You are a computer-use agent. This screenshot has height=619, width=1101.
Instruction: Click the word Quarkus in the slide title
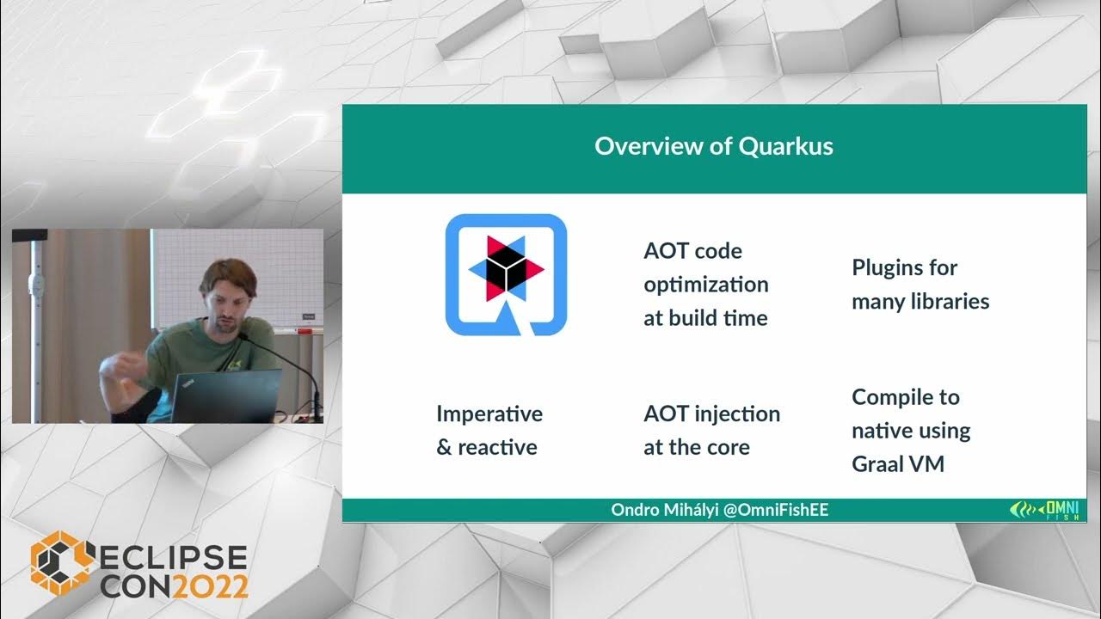(x=785, y=146)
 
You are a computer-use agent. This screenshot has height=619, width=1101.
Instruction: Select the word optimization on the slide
(x=705, y=285)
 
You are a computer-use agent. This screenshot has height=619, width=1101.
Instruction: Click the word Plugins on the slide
(x=886, y=267)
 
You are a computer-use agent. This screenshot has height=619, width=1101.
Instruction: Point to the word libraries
(x=947, y=302)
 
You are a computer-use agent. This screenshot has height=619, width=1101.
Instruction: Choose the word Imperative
(x=489, y=414)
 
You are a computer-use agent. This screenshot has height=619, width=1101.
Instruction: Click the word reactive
(x=497, y=448)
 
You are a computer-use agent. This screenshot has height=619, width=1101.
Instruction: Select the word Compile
(x=893, y=397)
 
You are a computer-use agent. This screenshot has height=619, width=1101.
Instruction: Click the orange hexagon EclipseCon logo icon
(x=61, y=565)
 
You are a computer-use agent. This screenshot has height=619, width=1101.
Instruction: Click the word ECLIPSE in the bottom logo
(x=172, y=558)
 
